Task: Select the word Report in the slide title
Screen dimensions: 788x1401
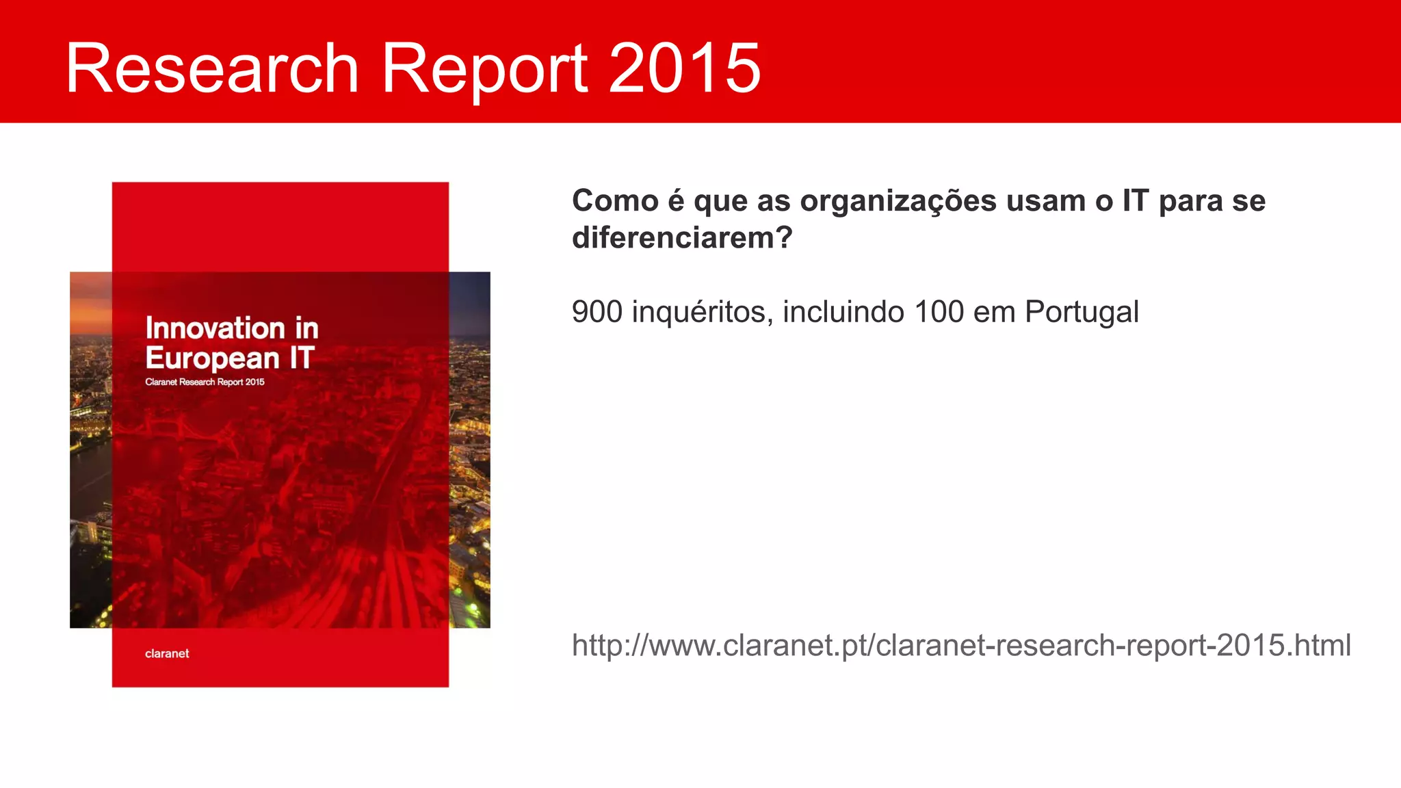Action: (484, 69)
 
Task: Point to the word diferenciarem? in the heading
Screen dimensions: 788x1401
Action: (682, 238)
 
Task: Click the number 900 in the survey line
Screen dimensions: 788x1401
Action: (597, 312)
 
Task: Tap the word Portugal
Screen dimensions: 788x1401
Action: (1082, 313)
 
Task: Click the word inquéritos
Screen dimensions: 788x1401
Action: (703, 313)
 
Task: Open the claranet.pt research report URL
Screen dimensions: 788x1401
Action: (961, 645)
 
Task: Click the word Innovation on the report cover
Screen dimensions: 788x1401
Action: (215, 328)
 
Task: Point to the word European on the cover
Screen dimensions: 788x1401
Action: (212, 358)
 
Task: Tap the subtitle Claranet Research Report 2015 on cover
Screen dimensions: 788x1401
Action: (205, 382)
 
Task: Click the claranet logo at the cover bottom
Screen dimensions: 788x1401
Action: (167, 653)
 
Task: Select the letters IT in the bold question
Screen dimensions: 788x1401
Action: (1135, 201)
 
